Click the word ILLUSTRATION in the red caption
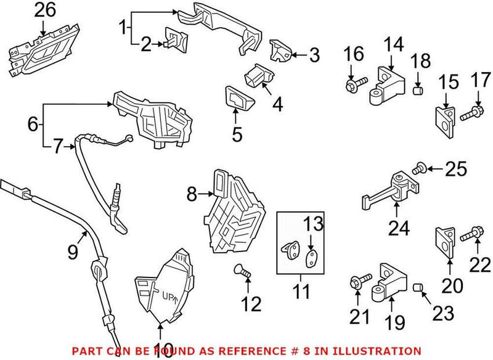(382, 350)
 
